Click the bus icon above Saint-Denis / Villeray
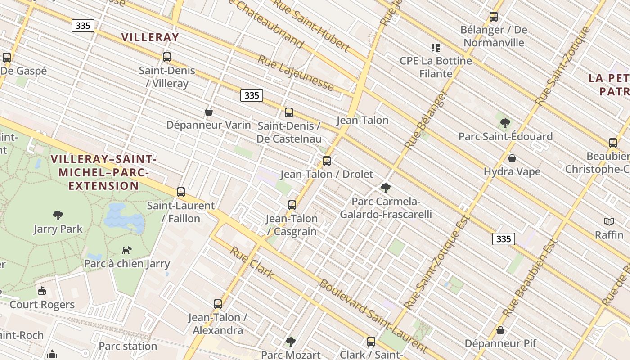tap(167, 57)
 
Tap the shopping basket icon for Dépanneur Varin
tap(209, 111)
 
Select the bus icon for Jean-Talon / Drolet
tap(327, 161)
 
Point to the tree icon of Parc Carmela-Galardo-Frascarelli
tap(385, 188)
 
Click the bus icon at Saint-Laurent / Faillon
tap(181, 192)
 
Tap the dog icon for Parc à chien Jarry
tap(127, 250)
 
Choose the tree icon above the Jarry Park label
tap(58, 216)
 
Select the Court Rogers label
tap(42, 305)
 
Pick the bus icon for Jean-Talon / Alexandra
tap(218, 304)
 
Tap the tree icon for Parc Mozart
tap(291, 342)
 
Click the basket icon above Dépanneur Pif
tap(500, 330)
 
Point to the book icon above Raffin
tap(609, 221)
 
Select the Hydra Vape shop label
tap(512, 171)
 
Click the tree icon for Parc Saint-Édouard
tap(505, 123)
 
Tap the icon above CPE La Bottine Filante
tap(436, 47)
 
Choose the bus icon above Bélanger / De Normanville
tap(494, 17)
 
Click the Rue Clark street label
tap(252, 262)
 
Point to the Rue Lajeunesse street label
tap(296, 73)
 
